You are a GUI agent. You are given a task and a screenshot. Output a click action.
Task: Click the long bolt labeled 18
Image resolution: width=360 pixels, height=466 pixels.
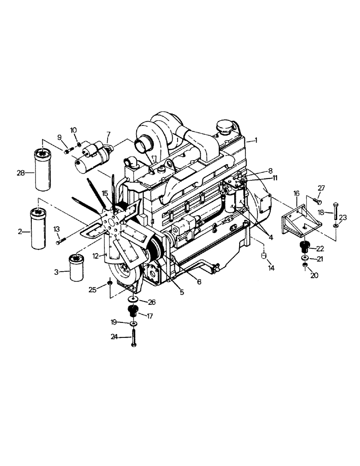(336, 213)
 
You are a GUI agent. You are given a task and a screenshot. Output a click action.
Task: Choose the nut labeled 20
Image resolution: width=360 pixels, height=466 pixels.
(305, 266)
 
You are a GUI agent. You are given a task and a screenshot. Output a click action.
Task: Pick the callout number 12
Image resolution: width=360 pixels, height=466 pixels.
(96, 256)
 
